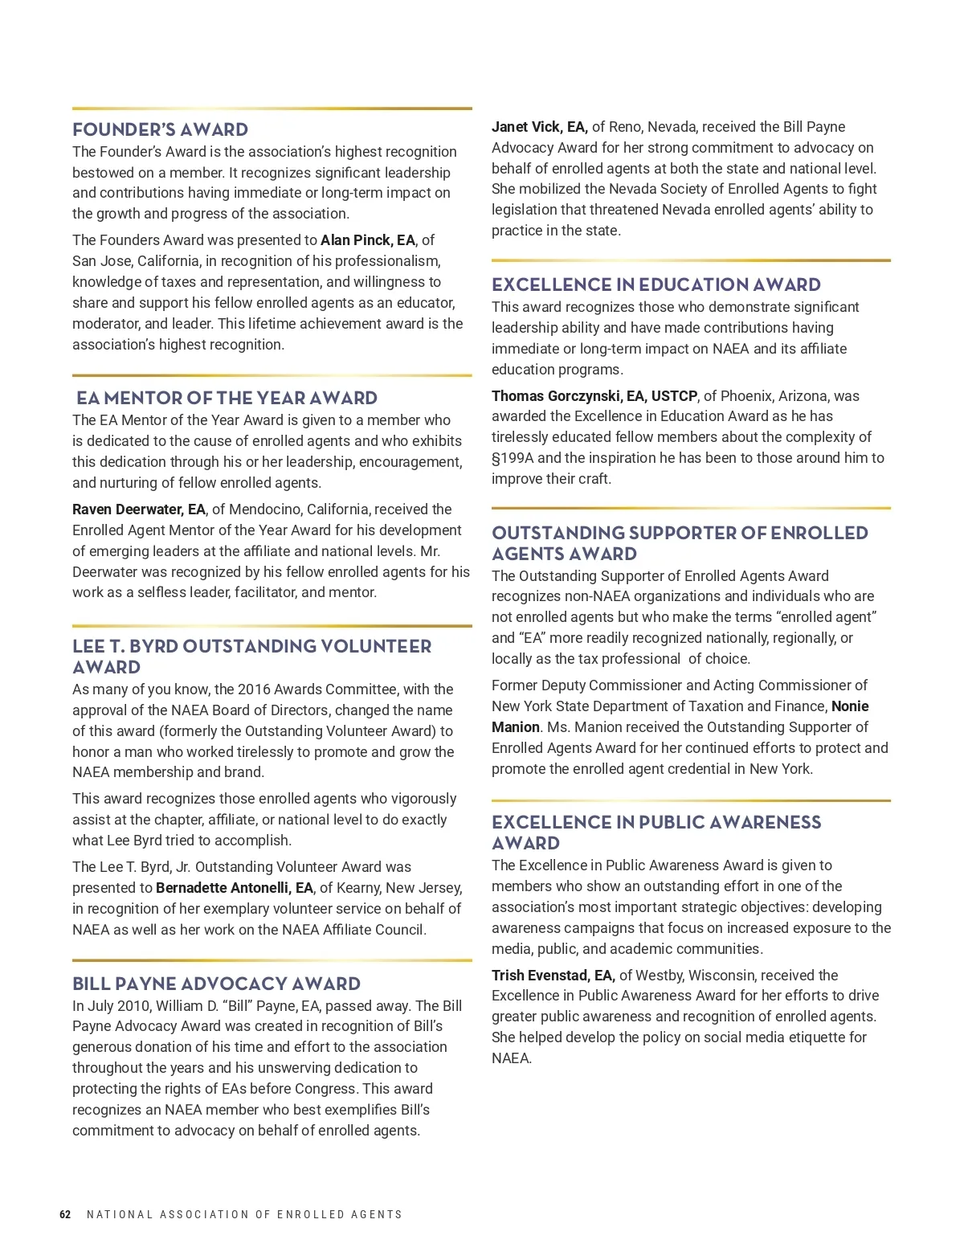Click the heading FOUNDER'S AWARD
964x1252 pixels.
point(160,129)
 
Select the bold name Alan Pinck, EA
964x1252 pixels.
point(368,240)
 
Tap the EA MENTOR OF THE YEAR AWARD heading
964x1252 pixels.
point(227,398)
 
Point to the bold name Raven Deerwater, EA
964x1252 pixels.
point(139,509)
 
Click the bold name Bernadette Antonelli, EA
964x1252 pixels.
point(235,888)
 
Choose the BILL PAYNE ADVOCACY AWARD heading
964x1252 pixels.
point(216,984)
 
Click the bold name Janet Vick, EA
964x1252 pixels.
point(539,127)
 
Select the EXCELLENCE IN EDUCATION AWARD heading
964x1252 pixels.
point(656,284)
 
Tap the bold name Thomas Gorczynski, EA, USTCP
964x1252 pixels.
point(594,396)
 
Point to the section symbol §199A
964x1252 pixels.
point(513,458)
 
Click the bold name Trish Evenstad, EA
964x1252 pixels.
point(553,976)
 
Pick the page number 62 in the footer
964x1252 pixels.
point(65,1214)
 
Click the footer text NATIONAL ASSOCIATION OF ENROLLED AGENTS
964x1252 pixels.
point(244,1214)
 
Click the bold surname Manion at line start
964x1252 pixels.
point(516,727)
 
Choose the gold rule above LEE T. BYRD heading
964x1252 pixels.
point(272,625)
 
